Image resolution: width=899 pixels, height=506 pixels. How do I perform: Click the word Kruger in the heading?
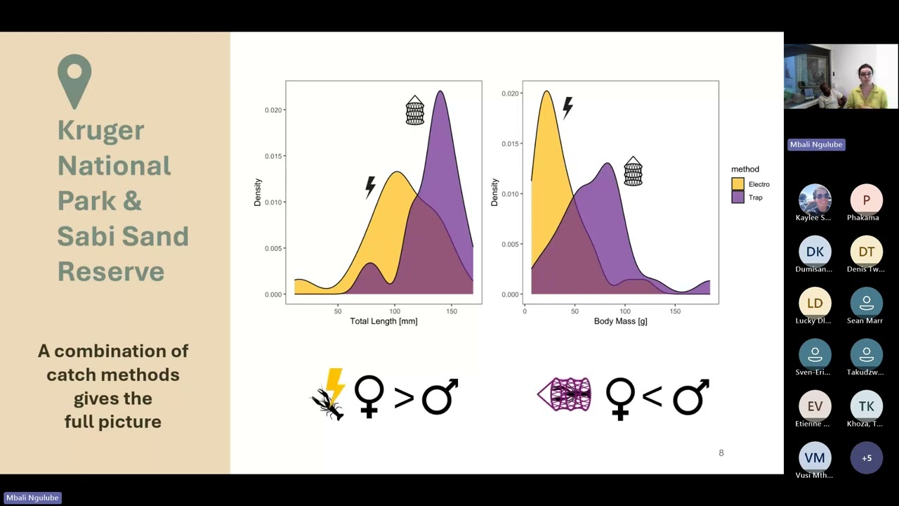click(x=100, y=130)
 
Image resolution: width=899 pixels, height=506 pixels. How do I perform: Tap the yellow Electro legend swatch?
click(x=738, y=184)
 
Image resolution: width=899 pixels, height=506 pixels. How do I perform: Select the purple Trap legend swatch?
click(x=738, y=197)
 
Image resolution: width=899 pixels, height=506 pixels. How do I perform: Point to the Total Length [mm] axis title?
click(x=383, y=321)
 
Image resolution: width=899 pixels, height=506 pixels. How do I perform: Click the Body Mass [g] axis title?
click(x=620, y=321)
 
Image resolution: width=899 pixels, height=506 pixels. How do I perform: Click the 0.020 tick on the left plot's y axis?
click(x=273, y=110)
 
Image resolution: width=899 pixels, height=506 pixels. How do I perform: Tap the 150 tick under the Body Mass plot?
click(x=675, y=311)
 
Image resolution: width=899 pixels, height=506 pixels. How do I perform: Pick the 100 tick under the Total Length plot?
click(x=395, y=311)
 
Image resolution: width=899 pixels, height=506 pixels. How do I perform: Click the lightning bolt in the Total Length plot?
click(x=370, y=186)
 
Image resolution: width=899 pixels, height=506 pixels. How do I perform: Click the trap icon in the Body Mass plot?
click(x=633, y=171)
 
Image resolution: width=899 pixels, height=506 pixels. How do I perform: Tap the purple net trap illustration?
click(x=565, y=394)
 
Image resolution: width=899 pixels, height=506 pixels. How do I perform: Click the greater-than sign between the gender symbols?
click(x=403, y=397)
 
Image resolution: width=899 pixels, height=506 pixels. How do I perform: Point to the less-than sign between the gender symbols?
click(x=652, y=397)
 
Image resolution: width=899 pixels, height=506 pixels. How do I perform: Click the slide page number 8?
click(x=721, y=453)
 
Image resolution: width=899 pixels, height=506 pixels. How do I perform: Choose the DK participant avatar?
click(x=815, y=252)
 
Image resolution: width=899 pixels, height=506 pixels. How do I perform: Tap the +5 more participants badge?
click(x=866, y=458)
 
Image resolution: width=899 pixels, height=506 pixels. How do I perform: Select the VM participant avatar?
click(x=815, y=458)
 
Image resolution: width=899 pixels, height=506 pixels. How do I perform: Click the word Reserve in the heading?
click(x=110, y=271)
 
